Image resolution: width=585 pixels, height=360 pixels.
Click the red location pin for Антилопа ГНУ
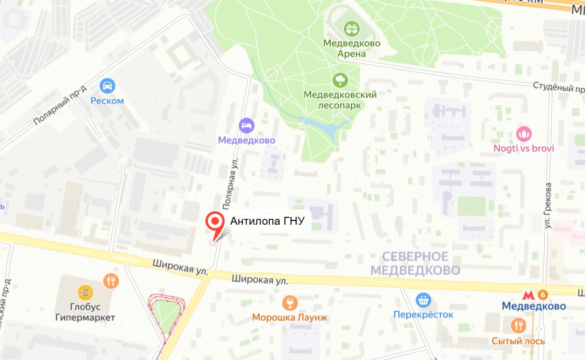[x=214, y=222]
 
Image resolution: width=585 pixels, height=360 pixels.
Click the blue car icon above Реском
[x=107, y=85]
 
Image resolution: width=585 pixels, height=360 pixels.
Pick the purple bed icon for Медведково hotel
[x=246, y=125]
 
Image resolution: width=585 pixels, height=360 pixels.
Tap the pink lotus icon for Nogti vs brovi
[x=523, y=134]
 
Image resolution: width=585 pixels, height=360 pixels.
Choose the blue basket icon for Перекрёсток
[x=423, y=300]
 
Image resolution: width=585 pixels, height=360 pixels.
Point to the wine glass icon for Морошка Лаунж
[x=289, y=302]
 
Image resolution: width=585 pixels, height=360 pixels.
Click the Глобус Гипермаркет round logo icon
[x=85, y=292]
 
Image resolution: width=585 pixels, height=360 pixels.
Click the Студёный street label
[x=557, y=86]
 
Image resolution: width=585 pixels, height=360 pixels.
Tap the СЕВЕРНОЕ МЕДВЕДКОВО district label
[x=415, y=263]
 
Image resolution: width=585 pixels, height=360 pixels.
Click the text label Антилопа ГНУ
[x=267, y=222]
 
